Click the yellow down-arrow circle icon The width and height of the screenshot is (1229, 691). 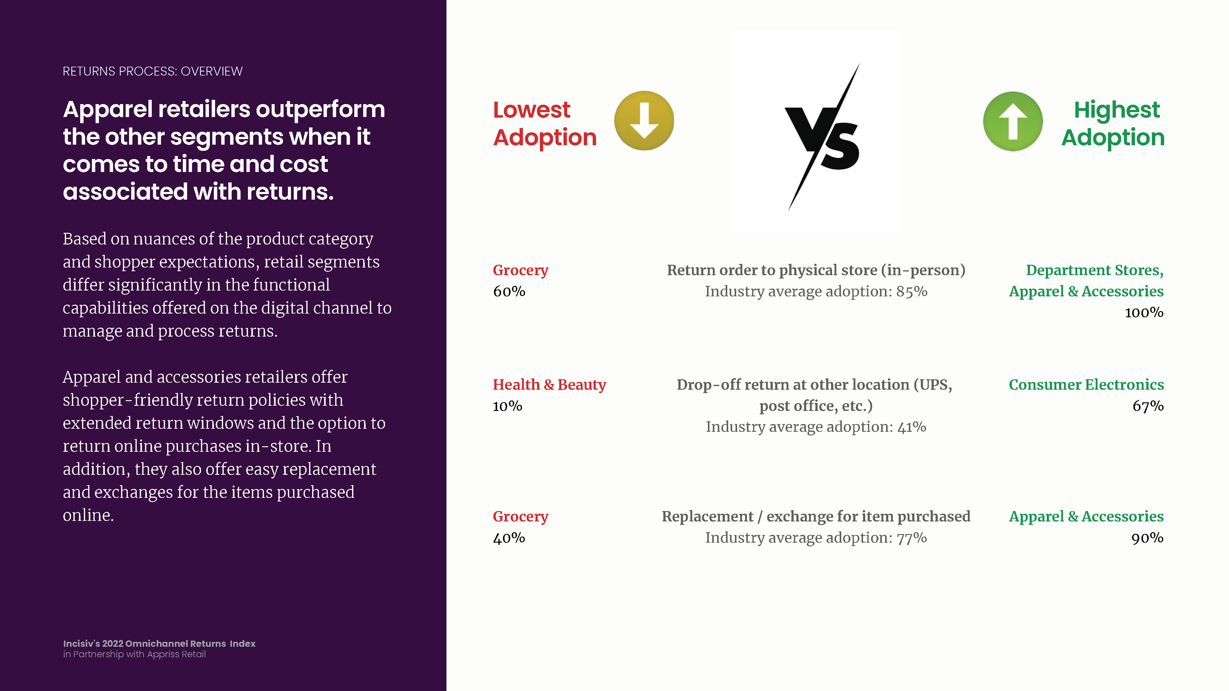644,121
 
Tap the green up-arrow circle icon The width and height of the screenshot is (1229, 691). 1013,121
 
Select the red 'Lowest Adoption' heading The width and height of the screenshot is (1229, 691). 545,123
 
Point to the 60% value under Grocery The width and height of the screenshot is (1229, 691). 509,291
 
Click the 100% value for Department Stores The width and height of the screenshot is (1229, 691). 1144,312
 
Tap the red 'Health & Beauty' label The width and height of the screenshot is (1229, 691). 549,385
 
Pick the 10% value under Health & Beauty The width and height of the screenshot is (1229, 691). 508,406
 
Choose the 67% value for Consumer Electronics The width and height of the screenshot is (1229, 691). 1148,406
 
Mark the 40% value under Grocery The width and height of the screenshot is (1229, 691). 509,538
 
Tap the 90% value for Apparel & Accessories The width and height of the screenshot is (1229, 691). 1147,538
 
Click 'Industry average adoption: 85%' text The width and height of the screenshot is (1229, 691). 816,291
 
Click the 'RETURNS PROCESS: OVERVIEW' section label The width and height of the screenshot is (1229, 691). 153,71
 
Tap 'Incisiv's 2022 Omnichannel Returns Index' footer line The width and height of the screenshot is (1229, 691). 159,643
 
